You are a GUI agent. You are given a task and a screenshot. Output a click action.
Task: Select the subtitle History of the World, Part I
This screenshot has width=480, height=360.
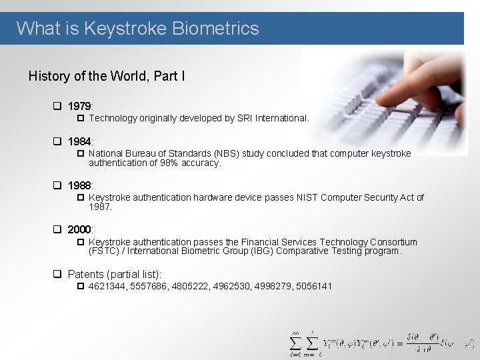(107, 76)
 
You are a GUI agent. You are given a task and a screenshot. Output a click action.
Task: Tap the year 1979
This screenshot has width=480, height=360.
(80, 107)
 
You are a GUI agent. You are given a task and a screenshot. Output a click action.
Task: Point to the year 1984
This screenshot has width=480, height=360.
(80, 141)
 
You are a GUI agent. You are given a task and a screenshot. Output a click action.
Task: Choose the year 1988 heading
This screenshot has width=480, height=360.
(80, 185)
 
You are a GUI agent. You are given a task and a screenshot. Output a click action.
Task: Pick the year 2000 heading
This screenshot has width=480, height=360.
(80, 230)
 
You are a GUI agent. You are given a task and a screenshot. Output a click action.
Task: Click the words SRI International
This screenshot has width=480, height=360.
(275, 118)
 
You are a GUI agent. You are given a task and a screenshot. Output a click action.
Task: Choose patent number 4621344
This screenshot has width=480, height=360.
(107, 286)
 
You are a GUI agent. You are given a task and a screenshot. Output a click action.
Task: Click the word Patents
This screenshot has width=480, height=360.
(86, 274)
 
